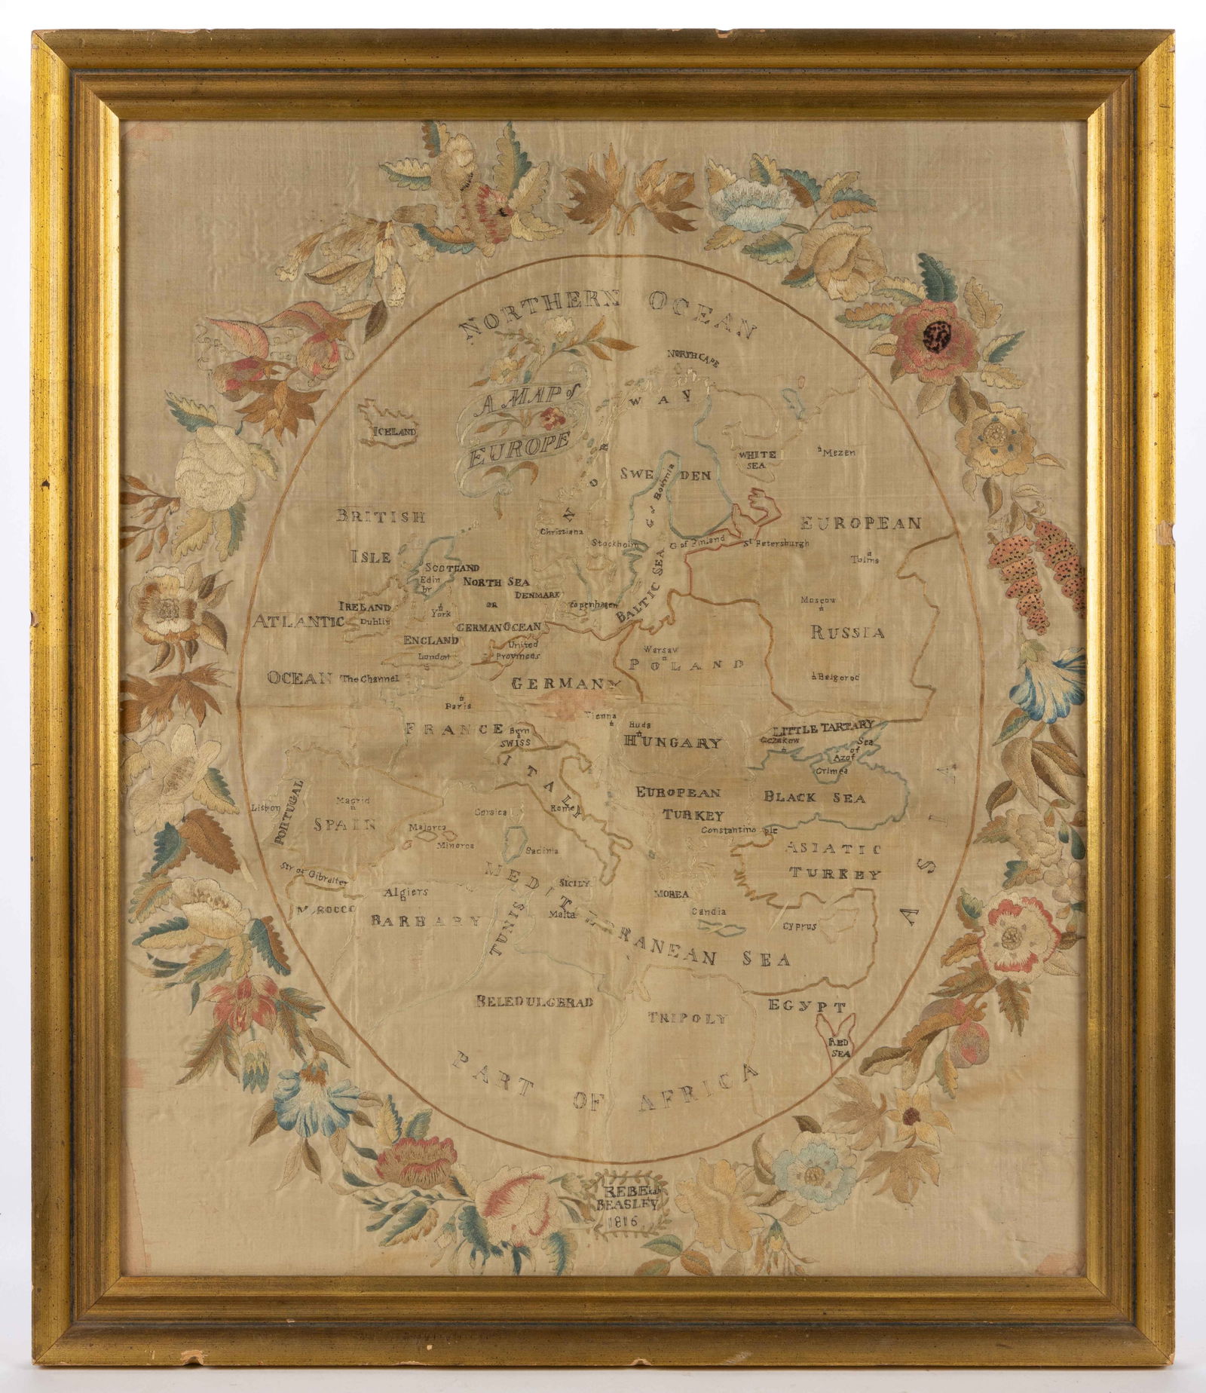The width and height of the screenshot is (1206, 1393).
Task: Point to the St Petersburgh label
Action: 776,543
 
